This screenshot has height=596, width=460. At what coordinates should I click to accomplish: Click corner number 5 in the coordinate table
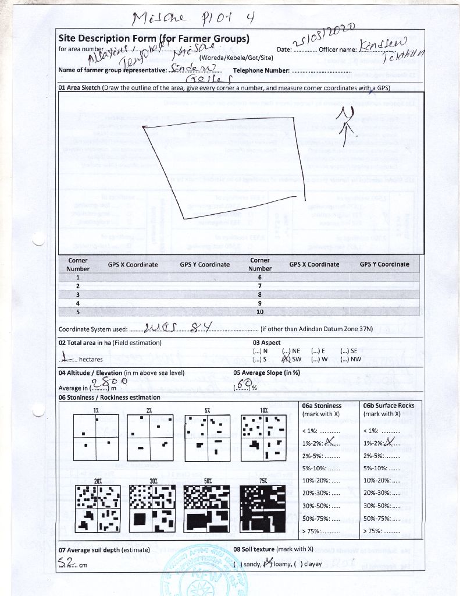77,311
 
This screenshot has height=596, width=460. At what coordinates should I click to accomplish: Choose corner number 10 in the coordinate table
259,311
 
